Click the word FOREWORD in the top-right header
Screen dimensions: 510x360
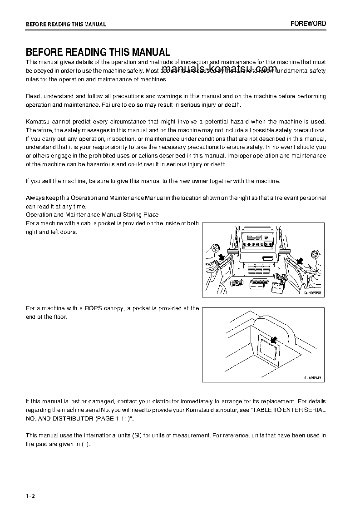[308, 24]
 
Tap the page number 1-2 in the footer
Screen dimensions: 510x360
[30, 495]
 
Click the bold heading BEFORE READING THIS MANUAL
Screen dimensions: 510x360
[98, 52]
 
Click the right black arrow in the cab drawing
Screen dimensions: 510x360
[300, 261]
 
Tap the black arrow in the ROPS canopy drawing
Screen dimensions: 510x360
[273, 339]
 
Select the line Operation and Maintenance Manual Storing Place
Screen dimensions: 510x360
[92, 214]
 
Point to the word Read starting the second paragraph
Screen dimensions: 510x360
[33, 96]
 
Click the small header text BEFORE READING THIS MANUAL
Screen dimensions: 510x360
[66, 25]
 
